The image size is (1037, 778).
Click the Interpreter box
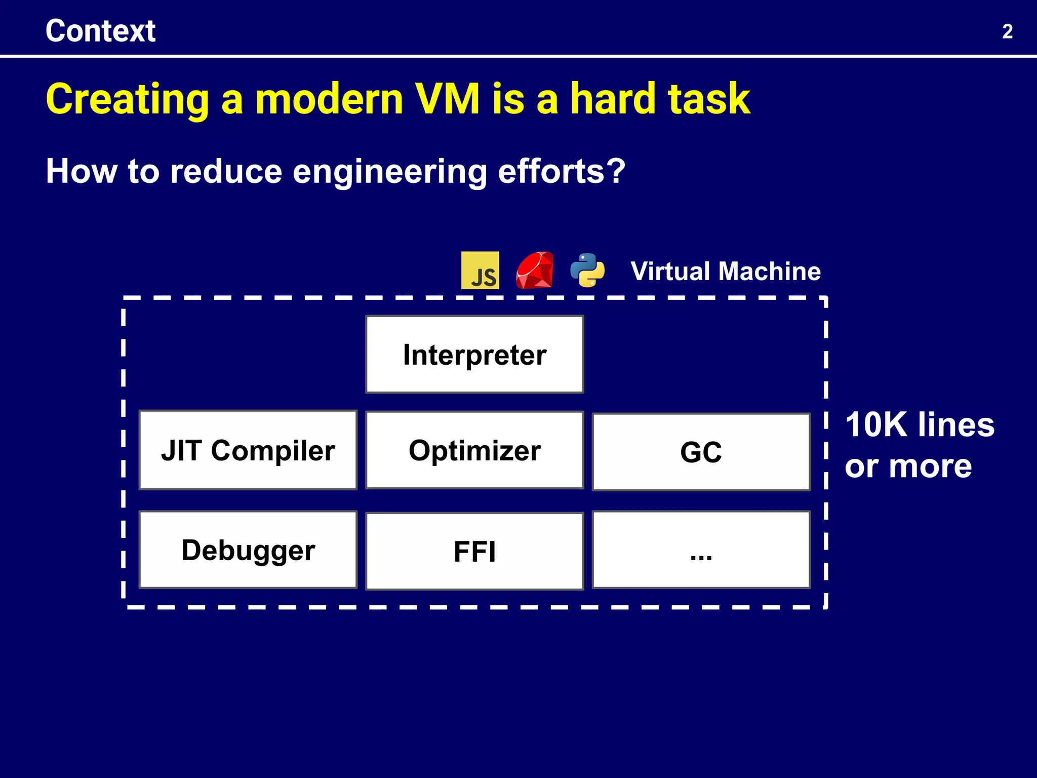[474, 355]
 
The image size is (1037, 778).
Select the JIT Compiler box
[248, 450]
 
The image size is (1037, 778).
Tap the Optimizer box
[474, 450]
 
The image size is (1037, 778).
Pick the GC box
[701, 452]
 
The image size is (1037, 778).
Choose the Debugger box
[248, 550]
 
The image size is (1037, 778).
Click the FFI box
[474, 551]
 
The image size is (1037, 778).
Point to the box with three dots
[701, 550]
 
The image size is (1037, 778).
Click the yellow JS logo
[480, 270]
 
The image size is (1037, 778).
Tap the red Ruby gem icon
[534, 270]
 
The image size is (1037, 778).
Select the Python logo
[587, 270]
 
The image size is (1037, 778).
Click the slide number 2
[1007, 32]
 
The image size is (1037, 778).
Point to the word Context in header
[100, 31]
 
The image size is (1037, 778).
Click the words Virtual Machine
[725, 271]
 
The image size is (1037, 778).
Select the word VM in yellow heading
[447, 99]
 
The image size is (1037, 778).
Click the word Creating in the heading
[127, 100]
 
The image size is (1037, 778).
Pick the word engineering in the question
[389, 172]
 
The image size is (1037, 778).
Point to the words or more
[908, 466]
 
